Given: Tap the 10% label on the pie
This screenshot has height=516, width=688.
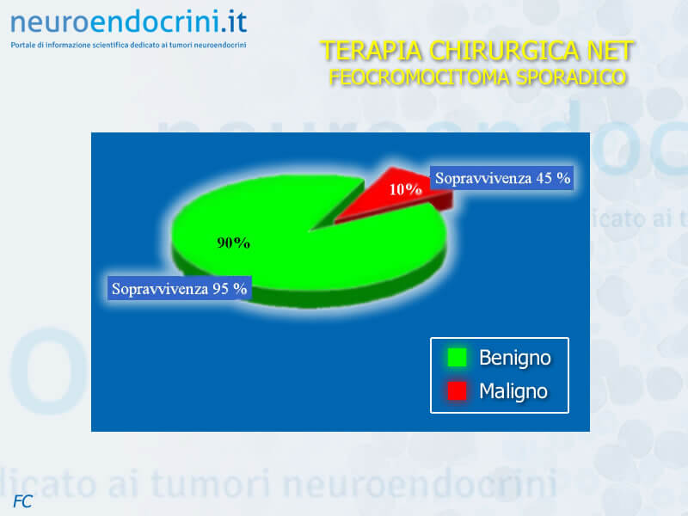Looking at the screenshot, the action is pyautogui.click(x=405, y=189).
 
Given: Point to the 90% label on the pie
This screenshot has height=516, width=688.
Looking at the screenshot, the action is pyautogui.click(x=233, y=243).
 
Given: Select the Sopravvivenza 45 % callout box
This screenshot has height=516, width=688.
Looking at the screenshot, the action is pyautogui.click(x=502, y=178).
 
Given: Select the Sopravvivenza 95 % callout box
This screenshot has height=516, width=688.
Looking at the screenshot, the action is pyautogui.click(x=179, y=288).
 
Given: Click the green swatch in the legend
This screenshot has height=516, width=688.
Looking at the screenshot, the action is pyautogui.click(x=457, y=357).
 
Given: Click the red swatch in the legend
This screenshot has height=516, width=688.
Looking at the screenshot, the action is pyautogui.click(x=457, y=391).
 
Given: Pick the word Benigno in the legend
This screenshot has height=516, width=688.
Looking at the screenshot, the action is pyautogui.click(x=514, y=358).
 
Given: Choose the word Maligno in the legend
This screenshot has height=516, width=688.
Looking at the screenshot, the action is pyautogui.click(x=513, y=391).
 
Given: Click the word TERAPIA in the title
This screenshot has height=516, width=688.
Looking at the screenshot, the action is pyautogui.click(x=372, y=51).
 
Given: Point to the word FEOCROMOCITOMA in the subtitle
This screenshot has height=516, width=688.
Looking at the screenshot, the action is pyautogui.click(x=419, y=77).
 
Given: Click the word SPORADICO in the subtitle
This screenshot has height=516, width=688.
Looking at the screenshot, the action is pyautogui.click(x=571, y=77).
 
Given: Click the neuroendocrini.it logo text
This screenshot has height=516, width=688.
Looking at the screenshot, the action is pyautogui.click(x=128, y=22).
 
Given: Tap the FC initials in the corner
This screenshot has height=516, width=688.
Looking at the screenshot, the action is pyautogui.click(x=23, y=501).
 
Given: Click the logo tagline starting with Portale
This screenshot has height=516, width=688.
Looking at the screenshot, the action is pyautogui.click(x=128, y=45).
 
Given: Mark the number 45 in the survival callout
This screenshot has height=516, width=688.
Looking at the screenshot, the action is pyautogui.click(x=544, y=178).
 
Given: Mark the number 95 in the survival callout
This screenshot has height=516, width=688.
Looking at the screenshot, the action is pyautogui.click(x=220, y=288).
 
